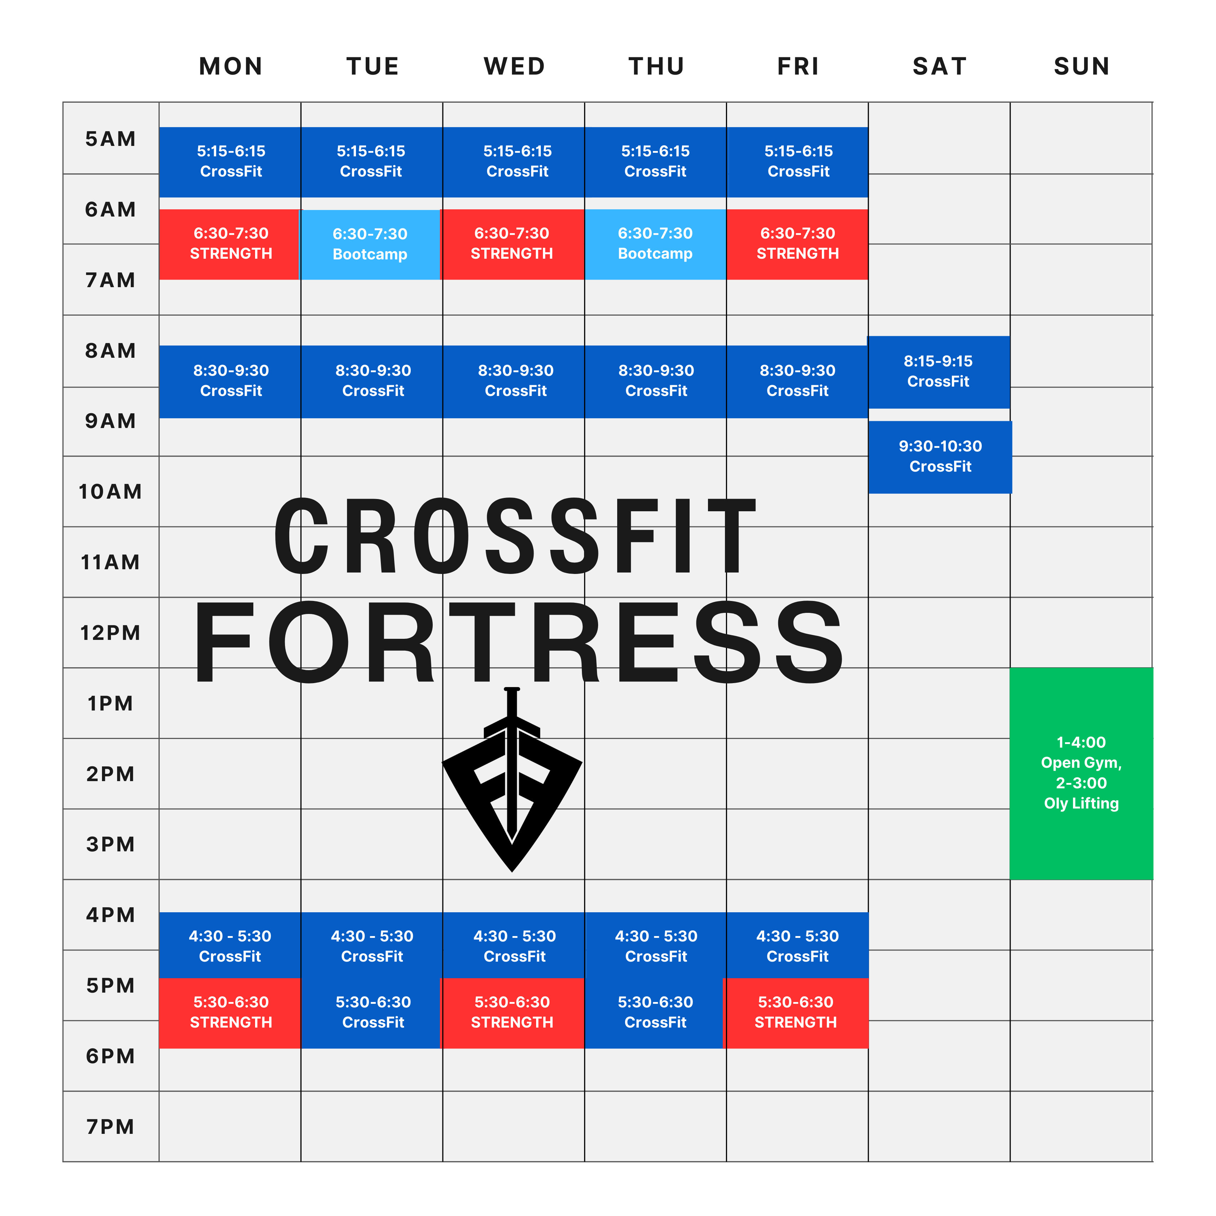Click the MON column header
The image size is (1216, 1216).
pyautogui.click(x=230, y=66)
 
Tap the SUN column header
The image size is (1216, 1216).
pyautogui.click(x=1081, y=66)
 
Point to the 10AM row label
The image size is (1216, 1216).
pyautogui.click(x=110, y=491)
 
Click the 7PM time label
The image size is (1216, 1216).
pyautogui.click(x=110, y=1127)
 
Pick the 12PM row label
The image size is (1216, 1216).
pyautogui.click(x=110, y=633)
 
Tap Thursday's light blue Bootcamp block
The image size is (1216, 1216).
pyautogui.click(x=655, y=244)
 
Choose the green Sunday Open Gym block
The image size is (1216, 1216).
pyautogui.click(x=1081, y=774)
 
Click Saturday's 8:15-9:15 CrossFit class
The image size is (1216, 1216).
pyautogui.click(x=939, y=372)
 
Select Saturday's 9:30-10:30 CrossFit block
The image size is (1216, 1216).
pyautogui.click(x=940, y=457)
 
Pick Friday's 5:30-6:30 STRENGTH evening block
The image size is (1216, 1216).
pyautogui.click(x=796, y=1013)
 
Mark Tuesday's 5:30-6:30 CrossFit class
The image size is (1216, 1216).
pyautogui.click(x=371, y=1013)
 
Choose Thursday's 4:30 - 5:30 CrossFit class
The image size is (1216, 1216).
pyautogui.click(x=655, y=945)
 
